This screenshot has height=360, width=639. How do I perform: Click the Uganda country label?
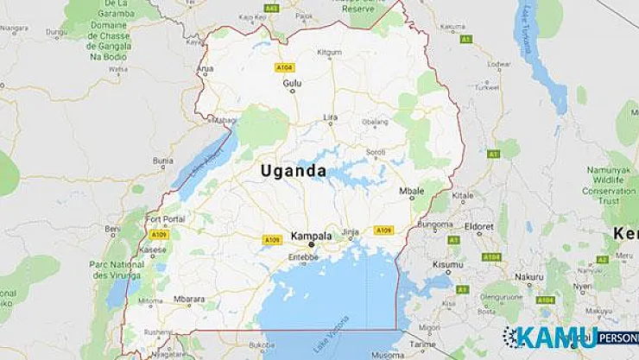(294, 171)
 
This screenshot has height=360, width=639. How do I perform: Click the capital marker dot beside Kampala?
(312, 244)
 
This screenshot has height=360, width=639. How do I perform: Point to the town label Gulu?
(293, 83)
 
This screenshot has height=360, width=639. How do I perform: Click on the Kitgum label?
(305, 52)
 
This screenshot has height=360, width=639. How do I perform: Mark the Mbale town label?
(413, 190)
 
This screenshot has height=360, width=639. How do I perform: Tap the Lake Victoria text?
(343, 332)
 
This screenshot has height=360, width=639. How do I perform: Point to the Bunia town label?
(163, 160)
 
